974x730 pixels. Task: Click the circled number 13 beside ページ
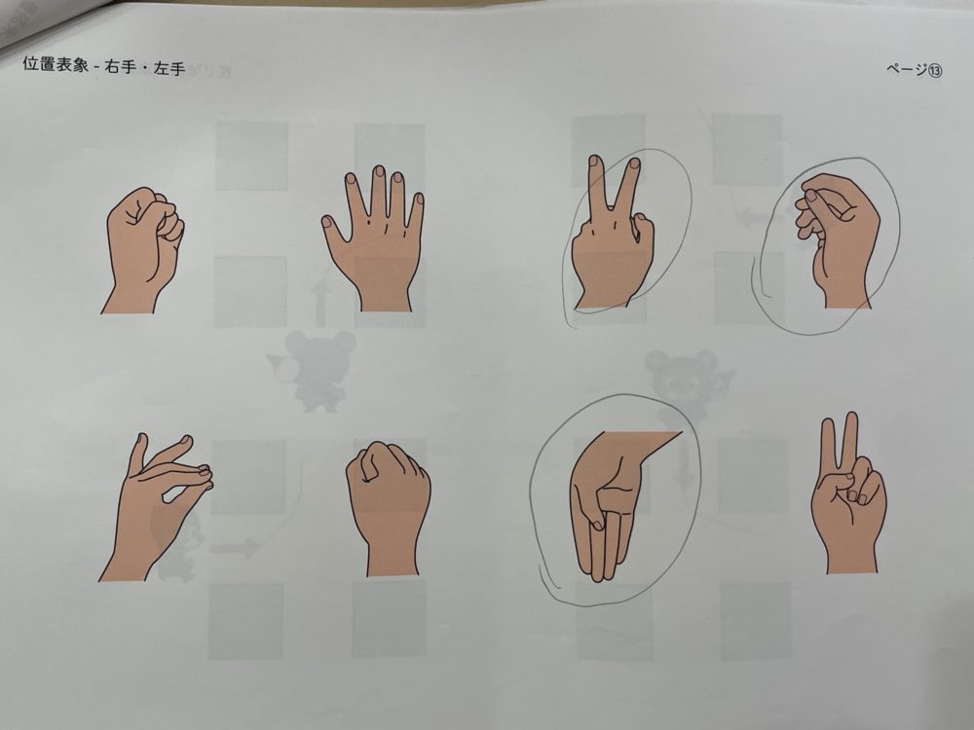[935, 70]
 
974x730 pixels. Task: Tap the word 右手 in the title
[121, 66]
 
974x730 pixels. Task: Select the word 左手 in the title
[169, 68]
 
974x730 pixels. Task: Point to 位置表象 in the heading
[56, 64]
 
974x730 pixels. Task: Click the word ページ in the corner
[906, 69]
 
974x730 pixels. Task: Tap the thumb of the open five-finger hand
[332, 230]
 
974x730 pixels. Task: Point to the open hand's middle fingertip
[378, 168]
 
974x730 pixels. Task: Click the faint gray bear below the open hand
[313, 372]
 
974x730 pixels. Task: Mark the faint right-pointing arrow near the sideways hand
[235, 547]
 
